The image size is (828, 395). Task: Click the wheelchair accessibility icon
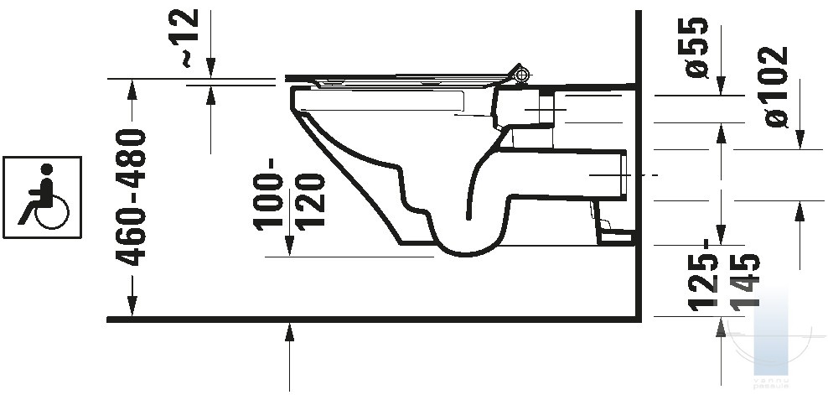click(42, 197)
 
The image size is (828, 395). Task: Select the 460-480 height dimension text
click(131, 197)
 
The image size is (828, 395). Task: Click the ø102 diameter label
click(773, 86)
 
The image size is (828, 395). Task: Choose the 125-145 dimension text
click(724, 273)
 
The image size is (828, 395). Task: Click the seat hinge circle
click(521, 75)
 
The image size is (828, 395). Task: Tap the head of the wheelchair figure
click(47, 169)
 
